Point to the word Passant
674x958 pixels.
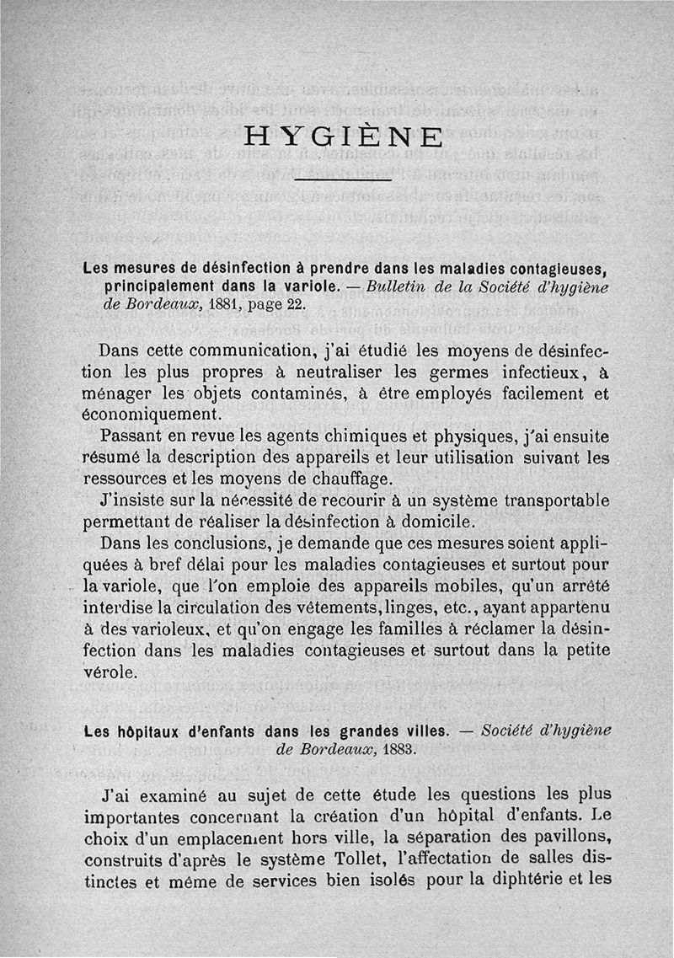point(128,437)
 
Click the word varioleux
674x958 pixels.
point(165,629)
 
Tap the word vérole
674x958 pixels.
point(111,672)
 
